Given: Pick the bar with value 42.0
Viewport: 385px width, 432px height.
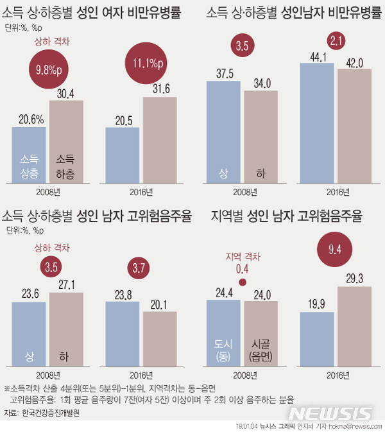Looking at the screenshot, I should click(x=354, y=125).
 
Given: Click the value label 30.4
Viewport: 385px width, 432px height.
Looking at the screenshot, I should click(x=66, y=94).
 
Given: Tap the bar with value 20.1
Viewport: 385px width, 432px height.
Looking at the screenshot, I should click(x=160, y=338).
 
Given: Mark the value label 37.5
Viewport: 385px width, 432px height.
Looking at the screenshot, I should click(x=223, y=73).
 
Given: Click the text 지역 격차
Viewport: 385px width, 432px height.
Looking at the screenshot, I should click(x=243, y=256).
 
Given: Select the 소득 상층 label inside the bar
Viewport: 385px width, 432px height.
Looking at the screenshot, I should click(x=29, y=164).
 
